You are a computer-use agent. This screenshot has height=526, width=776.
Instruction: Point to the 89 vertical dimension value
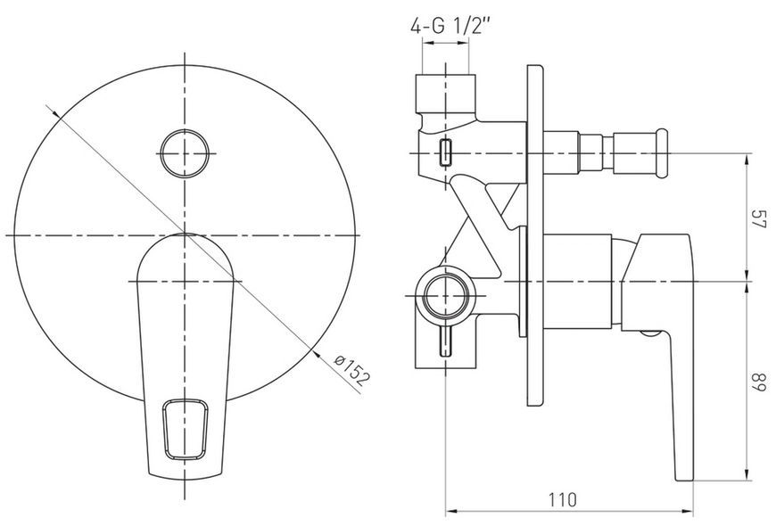click(759, 382)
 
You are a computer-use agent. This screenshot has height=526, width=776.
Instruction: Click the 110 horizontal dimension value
click(562, 500)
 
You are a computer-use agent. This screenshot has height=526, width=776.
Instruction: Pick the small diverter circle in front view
click(185, 153)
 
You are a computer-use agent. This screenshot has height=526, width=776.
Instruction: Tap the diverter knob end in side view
click(661, 153)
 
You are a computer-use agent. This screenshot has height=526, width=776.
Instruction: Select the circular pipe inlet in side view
click(445, 296)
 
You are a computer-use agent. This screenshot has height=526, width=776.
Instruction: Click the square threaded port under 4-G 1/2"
click(445, 93)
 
